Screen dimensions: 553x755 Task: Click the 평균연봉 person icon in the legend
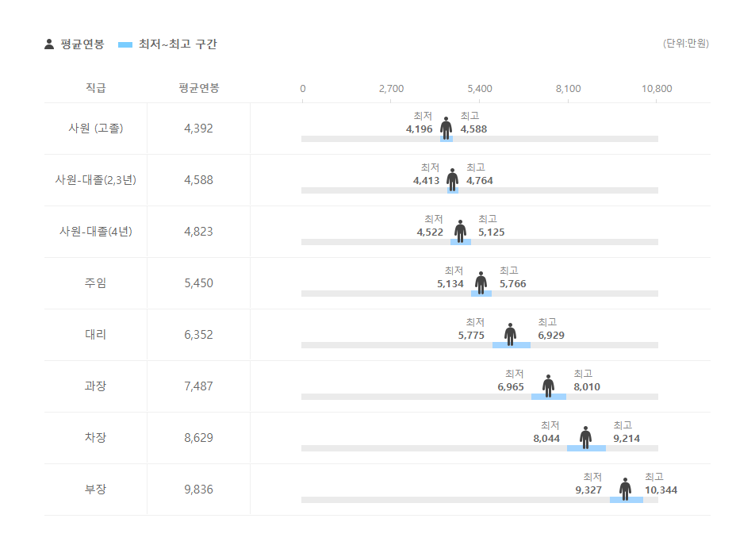pyautogui.click(x=49, y=44)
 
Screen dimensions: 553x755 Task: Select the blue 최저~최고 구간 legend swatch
pyautogui.click(x=125, y=44)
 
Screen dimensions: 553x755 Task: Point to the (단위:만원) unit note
pyautogui.click(x=685, y=44)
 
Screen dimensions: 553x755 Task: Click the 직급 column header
pyautogui.click(x=95, y=88)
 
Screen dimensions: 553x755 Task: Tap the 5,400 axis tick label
pyautogui.click(x=479, y=89)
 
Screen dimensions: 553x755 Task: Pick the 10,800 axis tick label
pyautogui.click(x=657, y=89)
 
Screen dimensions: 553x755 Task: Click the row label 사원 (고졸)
pyautogui.click(x=95, y=129)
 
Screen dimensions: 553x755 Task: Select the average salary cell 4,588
pyautogui.click(x=198, y=180)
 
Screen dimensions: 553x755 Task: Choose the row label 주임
pyautogui.click(x=95, y=283)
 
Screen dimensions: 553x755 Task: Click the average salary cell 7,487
pyautogui.click(x=198, y=386)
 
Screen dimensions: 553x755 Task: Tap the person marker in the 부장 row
pyautogui.click(x=625, y=489)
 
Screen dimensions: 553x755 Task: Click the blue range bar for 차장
pyautogui.click(x=586, y=448)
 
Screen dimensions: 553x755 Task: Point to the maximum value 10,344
pyautogui.click(x=661, y=490)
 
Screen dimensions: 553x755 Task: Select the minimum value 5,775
pyautogui.click(x=471, y=336)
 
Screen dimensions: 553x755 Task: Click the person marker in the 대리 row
pyautogui.click(x=510, y=334)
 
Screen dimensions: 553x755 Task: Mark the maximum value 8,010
pyautogui.click(x=587, y=387)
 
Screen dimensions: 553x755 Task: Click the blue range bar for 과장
pyautogui.click(x=549, y=397)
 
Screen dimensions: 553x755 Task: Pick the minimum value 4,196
pyautogui.click(x=419, y=129)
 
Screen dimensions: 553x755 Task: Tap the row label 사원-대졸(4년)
pyautogui.click(x=95, y=232)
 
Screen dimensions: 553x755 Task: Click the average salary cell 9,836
pyautogui.click(x=198, y=490)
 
